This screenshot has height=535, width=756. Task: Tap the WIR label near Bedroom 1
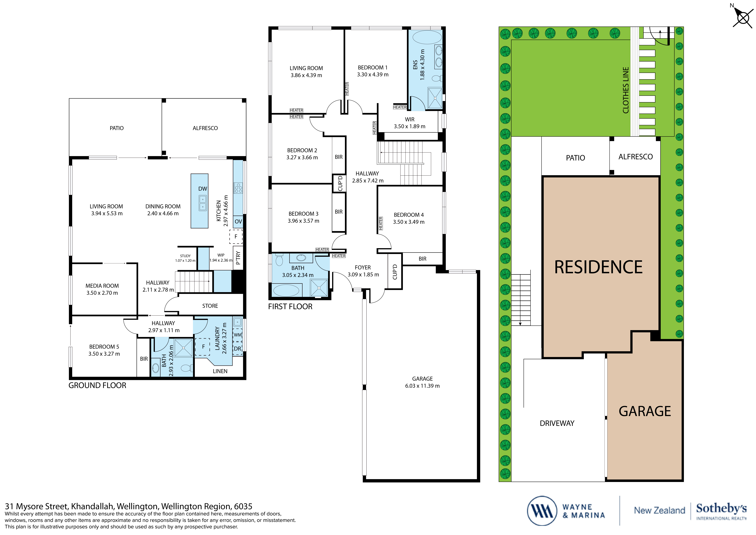point(410,119)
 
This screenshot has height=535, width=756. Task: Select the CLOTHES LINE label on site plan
point(626,90)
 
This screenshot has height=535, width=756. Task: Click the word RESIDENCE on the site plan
point(598,267)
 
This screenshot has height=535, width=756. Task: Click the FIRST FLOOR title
point(290,307)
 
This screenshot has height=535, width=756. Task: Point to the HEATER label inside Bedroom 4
point(381,223)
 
